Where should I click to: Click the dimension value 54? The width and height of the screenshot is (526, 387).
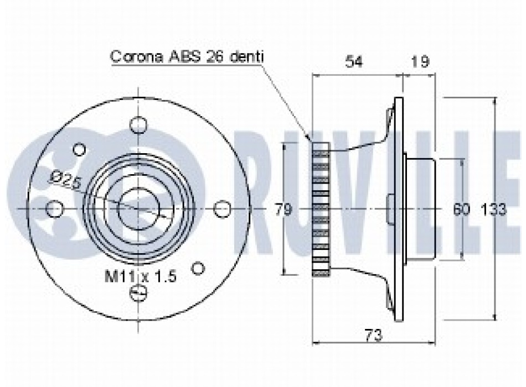(354, 62)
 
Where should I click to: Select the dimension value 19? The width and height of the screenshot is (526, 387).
(420, 62)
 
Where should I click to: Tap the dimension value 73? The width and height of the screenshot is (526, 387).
(373, 335)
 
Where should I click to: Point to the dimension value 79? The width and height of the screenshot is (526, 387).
(283, 210)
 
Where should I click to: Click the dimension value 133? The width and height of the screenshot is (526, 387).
(493, 210)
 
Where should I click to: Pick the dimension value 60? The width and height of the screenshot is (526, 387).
(461, 210)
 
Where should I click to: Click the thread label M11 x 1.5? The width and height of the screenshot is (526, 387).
(141, 277)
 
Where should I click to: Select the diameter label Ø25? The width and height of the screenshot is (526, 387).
(66, 180)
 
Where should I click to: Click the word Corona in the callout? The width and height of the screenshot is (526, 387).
(137, 56)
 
